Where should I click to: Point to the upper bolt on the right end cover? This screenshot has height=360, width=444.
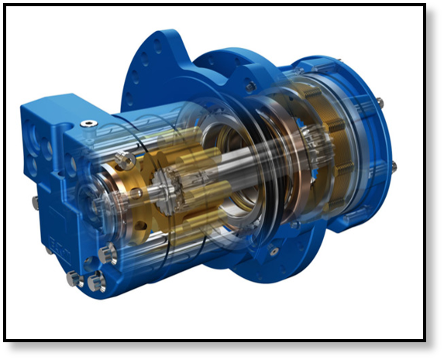(x=379, y=102)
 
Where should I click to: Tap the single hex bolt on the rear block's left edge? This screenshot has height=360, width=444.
(x=36, y=202)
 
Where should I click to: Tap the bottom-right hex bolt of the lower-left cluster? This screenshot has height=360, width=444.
(x=96, y=283)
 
